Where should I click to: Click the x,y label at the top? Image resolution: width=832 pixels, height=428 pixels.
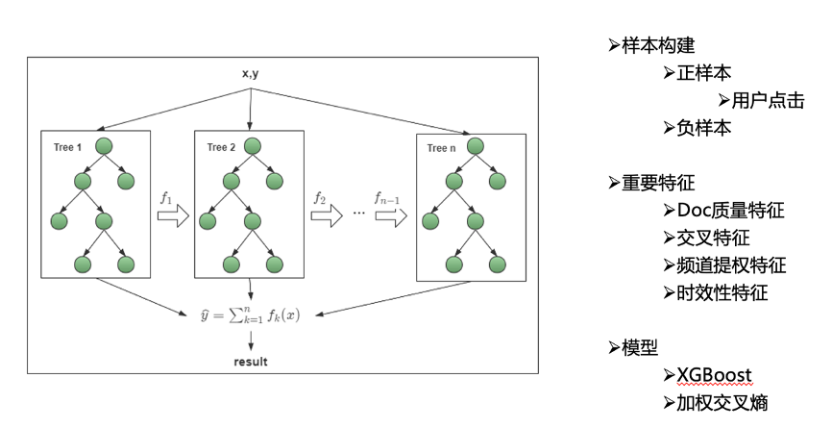coord(251,73)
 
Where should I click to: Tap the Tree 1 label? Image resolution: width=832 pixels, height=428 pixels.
coord(67,147)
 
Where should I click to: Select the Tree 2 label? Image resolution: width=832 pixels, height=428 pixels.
coord(221,147)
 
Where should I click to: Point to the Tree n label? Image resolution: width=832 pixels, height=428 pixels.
coord(441,148)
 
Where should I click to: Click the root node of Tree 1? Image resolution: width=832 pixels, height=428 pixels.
coord(104,146)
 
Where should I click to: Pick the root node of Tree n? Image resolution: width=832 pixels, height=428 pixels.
coord(476,146)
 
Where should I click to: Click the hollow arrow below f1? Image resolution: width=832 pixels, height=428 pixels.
coord(173,216)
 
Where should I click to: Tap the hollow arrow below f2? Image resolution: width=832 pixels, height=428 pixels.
coord(327,216)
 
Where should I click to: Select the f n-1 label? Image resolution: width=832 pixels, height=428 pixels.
coord(387,198)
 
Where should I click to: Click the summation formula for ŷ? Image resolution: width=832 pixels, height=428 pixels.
coord(250,315)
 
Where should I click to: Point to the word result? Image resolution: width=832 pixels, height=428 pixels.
coord(251,362)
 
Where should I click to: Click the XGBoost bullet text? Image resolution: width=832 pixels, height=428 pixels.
coord(714,375)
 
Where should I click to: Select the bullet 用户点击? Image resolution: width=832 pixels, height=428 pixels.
coord(768,100)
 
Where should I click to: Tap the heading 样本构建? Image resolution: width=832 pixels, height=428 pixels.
coord(658,45)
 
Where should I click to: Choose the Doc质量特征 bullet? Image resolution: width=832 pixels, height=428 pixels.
coord(730,211)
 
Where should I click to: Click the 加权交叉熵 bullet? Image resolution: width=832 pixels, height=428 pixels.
coord(722,402)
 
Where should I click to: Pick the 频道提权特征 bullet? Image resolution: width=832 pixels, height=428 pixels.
coord(731,265)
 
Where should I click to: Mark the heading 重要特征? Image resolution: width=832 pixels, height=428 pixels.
coord(658,183)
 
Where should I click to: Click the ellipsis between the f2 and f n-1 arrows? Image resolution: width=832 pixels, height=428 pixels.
coord(359,213)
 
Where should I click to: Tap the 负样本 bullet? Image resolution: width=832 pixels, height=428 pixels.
coord(703,128)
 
